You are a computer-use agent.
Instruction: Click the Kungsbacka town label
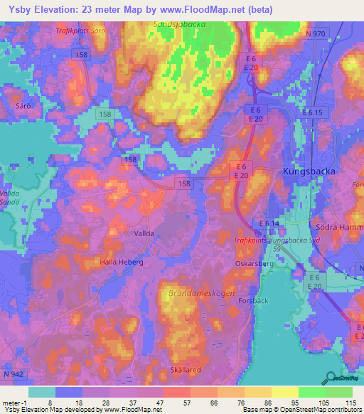309,172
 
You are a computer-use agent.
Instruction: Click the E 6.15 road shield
311,113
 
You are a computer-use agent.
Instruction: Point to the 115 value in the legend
349,402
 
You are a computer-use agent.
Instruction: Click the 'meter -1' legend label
14,402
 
